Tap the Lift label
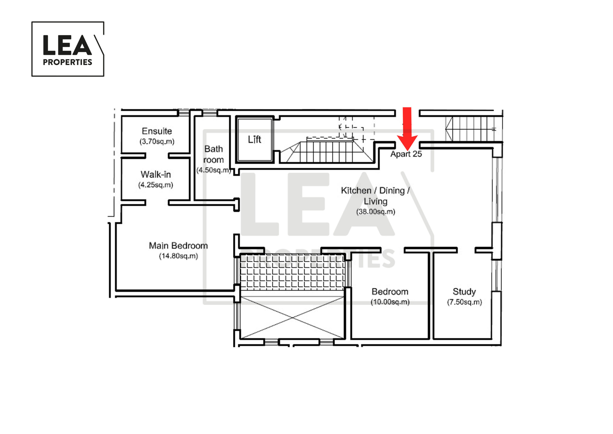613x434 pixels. click(x=255, y=140)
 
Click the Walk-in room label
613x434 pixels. click(x=156, y=174)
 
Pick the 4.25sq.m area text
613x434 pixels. click(x=156, y=185)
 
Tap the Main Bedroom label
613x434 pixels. click(x=178, y=246)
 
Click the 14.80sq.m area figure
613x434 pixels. click(x=178, y=256)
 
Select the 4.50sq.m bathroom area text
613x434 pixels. click(x=214, y=170)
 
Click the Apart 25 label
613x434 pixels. click(x=406, y=154)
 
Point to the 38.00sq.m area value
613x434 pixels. click(x=375, y=211)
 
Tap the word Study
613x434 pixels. click(x=464, y=292)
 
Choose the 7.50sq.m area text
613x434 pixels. click(x=464, y=302)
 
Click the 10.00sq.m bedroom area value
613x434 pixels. click(x=390, y=302)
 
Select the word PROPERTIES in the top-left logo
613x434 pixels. click(x=68, y=62)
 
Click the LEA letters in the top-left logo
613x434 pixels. click(x=67, y=45)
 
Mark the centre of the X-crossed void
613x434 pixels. click(x=292, y=318)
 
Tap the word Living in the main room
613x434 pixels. click(x=375, y=201)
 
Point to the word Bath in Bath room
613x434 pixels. click(x=214, y=149)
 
